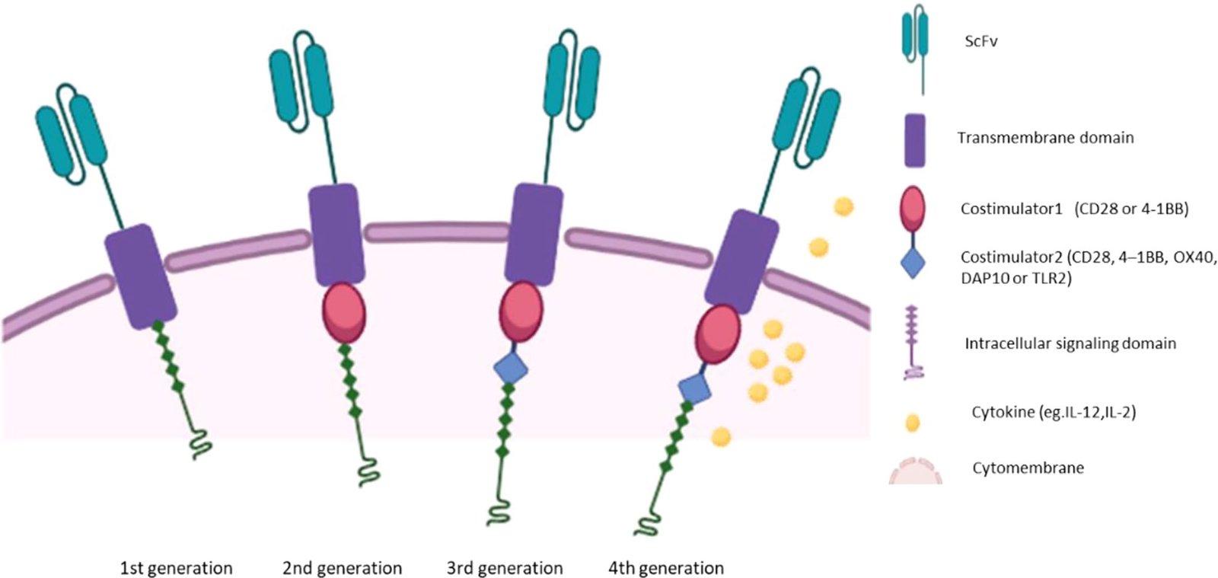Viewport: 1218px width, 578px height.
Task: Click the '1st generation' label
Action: point(176,568)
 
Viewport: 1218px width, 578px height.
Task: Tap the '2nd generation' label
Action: point(342,568)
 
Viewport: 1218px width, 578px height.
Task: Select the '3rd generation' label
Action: point(505,568)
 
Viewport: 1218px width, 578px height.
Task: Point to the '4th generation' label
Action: point(666,568)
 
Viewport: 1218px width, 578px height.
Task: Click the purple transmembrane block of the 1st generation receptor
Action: point(141,276)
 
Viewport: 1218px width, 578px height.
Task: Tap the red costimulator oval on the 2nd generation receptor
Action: point(344,313)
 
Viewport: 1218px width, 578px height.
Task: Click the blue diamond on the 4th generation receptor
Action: point(694,388)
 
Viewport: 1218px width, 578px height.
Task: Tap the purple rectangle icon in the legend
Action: point(914,140)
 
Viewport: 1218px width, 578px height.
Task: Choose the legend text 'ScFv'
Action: point(980,42)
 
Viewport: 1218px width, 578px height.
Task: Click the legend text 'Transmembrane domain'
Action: point(1045,138)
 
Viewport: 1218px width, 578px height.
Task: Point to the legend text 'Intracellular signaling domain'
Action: point(1070,343)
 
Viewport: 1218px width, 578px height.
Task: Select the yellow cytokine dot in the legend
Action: point(912,423)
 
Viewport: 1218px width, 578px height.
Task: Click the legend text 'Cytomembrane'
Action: point(1028,468)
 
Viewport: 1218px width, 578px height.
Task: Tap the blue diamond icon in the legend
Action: point(913,263)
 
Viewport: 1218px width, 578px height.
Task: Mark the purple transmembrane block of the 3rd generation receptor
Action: point(534,234)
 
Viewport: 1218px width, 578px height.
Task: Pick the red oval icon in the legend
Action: point(913,207)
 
